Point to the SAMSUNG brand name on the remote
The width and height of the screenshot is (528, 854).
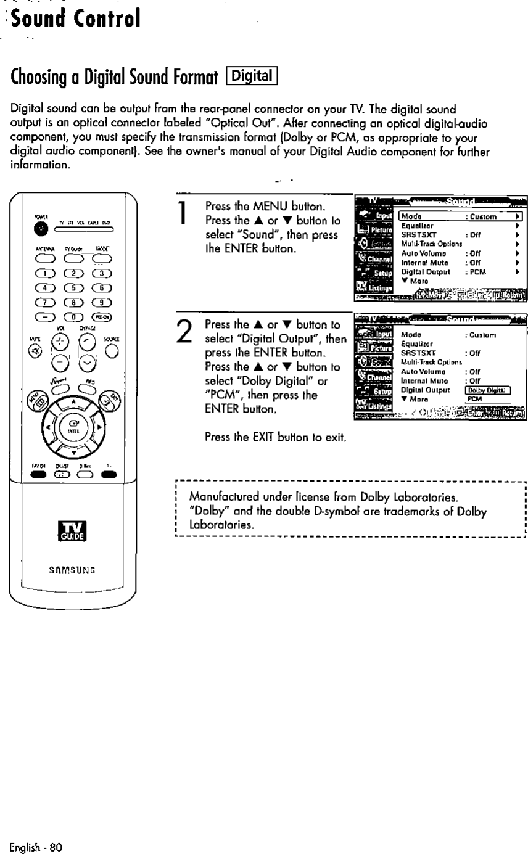73,569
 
